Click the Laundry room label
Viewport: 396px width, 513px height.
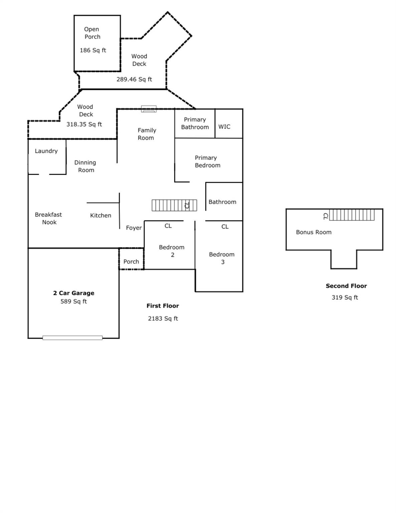click(46, 151)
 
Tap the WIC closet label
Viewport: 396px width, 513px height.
click(224, 127)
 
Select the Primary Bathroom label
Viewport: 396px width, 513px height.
click(195, 123)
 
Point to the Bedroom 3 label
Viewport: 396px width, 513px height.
click(222, 258)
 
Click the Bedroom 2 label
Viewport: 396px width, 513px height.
click(172, 251)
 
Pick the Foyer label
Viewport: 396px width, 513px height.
click(134, 228)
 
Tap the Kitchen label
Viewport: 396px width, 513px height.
click(101, 215)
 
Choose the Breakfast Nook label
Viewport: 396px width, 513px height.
click(48, 218)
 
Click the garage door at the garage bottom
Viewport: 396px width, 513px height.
click(72, 338)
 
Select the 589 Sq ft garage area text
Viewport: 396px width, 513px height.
click(73, 301)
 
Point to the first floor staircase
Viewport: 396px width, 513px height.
click(174, 205)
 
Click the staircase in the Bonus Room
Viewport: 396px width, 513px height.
click(352, 215)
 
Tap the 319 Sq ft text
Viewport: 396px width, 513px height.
click(345, 297)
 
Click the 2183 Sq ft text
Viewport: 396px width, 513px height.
click(163, 319)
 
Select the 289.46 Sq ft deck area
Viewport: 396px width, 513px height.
click(134, 79)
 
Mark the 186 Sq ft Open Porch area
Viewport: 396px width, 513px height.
click(93, 50)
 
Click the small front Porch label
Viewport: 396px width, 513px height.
click(131, 262)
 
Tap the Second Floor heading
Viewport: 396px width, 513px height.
click(346, 286)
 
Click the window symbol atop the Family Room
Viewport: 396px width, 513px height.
click(149, 109)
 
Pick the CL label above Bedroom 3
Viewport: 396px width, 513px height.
click(225, 226)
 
